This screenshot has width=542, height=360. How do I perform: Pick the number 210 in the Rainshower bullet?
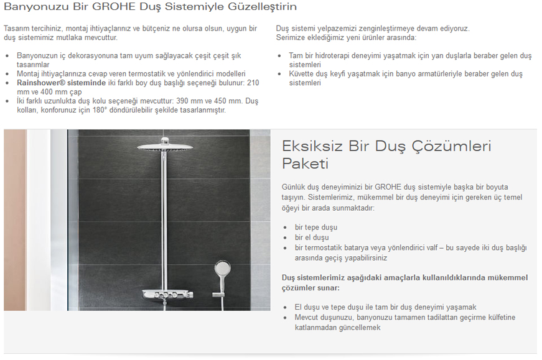point(253,83)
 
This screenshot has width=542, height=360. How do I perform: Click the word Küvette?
point(302,73)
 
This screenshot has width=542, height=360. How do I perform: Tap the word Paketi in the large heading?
point(305,164)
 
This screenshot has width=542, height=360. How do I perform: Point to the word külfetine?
point(497,317)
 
